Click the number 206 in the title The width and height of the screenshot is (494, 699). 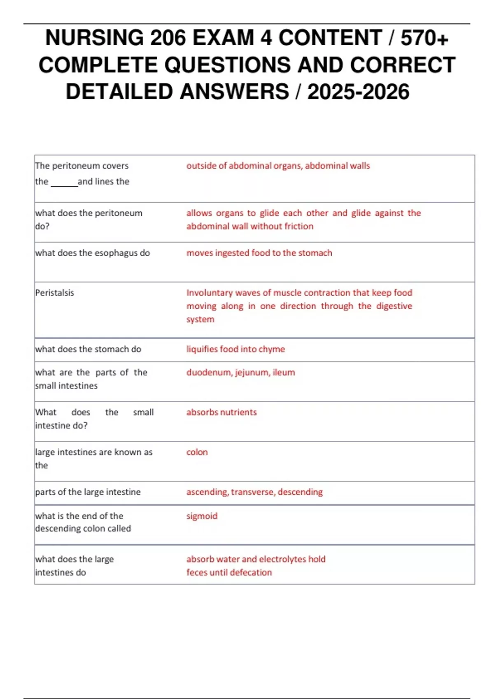(x=168, y=38)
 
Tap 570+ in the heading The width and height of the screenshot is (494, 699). (x=424, y=38)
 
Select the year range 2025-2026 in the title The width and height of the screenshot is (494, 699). (x=358, y=92)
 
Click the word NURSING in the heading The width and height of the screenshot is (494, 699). (x=94, y=38)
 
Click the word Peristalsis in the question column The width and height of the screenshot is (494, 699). (x=55, y=293)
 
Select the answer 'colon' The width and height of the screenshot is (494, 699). (x=197, y=452)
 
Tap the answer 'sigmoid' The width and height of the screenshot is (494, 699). (x=202, y=516)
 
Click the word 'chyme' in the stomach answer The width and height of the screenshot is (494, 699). (x=272, y=349)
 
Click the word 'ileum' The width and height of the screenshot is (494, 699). (x=284, y=373)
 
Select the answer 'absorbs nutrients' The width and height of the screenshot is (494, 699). (x=221, y=412)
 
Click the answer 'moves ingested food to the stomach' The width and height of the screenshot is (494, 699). (x=259, y=253)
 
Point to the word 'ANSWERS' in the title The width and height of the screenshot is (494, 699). (x=234, y=92)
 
